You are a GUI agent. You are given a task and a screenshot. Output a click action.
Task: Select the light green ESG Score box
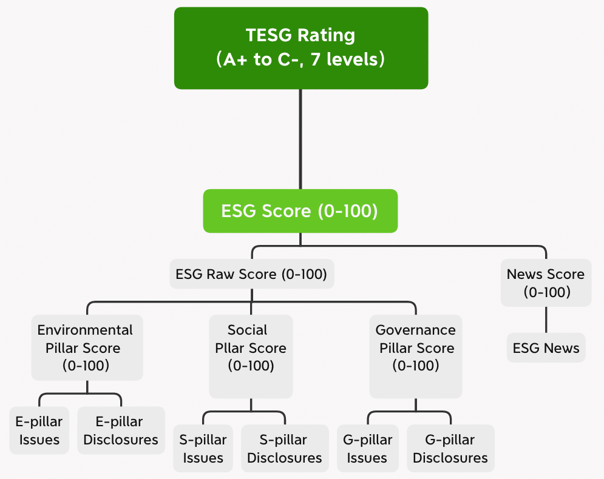pyautogui.click(x=300, y=211)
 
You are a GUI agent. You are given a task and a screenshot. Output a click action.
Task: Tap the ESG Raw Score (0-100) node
pyautogui.click(x=251, y=274)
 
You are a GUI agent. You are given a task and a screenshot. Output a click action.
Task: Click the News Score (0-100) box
pyautogui.click(x=546, y=283)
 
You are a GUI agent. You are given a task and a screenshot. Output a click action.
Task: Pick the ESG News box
pyautogui.click(x=546, y=348)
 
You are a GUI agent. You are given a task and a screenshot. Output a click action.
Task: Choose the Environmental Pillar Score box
pyautogui.click(x=87, y=347)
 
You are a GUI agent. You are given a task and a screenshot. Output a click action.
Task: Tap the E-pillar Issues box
pyautogui.click(x=39, y=430)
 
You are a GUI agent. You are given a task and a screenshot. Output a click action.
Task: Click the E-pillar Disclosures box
pyautogui.click(x=121, y=430)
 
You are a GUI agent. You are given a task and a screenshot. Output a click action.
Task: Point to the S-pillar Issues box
pyautogui.click(x=203, y=449)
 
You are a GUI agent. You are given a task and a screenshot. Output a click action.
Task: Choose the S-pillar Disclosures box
pyautogui.click(x=285, y=449)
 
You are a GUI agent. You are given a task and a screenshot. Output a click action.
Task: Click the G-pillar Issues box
pyautogui.click(x=367, y=449)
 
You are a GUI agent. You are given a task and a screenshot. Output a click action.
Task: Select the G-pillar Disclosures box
pyautogui.click(x=450, y=449)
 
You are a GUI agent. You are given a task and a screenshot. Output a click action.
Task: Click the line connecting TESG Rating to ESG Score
pyautogui.click(x=300, y=139)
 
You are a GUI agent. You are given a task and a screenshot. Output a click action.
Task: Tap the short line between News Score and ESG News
pyautogui.click(x=546, y=320)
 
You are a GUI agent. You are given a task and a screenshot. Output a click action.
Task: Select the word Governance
pyautogui.click(x=416, y=330)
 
